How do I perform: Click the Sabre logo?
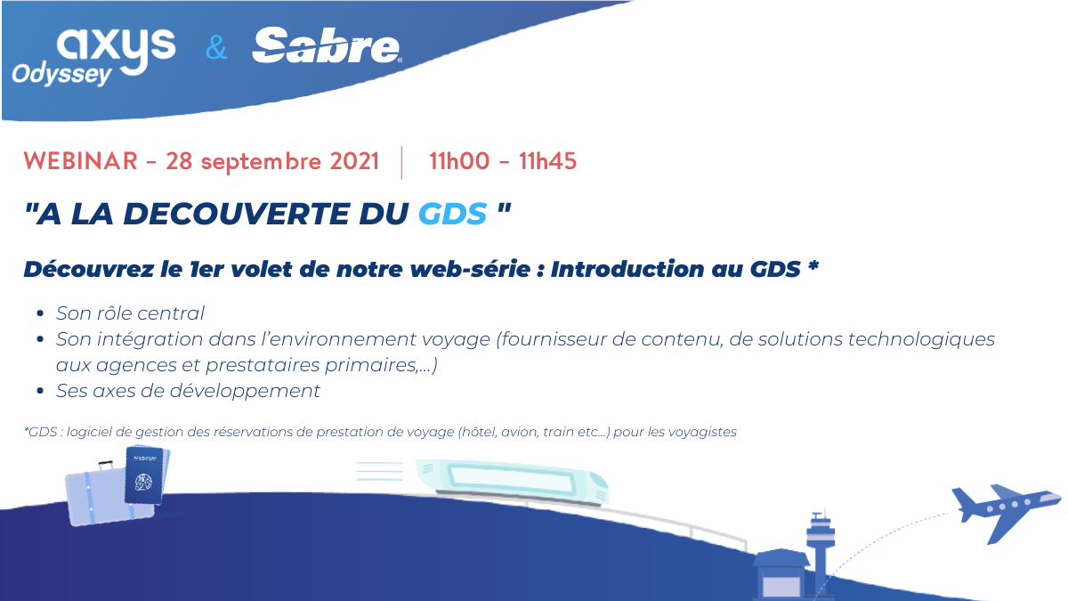click(328, 45)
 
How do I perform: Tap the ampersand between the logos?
click(216, 48)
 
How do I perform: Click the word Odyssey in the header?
click(61, 75)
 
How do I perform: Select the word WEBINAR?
click(81, 161)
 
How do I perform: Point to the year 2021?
click(354, 161)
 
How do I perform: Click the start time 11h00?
click(459, 161)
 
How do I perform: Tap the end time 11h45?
click(547, 161)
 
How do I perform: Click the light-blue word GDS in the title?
click(452, 213)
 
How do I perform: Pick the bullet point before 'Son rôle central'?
click(40, 313)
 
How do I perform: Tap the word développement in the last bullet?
click(245, 391)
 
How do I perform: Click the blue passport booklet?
click(144, 476)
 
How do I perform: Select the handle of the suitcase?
click(105, 465)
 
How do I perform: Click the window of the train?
click(511, 480)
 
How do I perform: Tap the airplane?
click(1006, 513)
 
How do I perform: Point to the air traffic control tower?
click(820, 553)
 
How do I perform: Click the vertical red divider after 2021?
click(401, 163)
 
